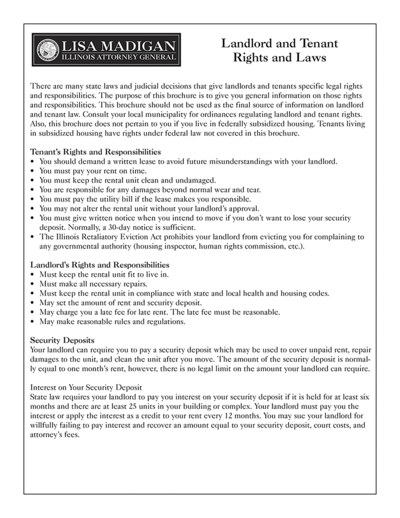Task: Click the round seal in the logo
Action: (x=48, y=50)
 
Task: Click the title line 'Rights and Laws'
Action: (x=279, y=58)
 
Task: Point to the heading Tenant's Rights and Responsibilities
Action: (x=95, y=152)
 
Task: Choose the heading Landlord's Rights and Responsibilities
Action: (x=99, y=265)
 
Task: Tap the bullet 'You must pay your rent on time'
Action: (x=91, y=170)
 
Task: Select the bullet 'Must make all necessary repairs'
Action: (x=94, y=284)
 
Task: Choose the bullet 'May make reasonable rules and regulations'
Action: (x=112, y=321)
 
